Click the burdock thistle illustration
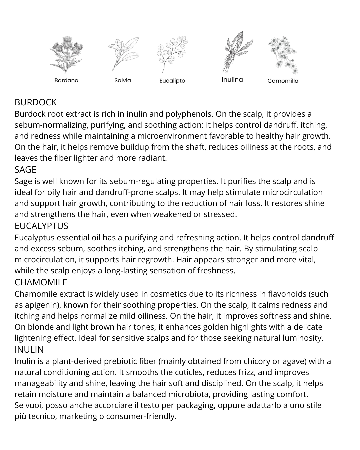pyautogui.click(x=66, y=54)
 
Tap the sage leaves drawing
pyautogui.click(x=123, y=54)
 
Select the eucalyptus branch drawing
pyautogui.click(x=172, y=53)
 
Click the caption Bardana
pyautogui.click(x=66, y=80)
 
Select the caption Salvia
pyautogui.click(x=123, y=80)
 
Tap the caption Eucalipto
pyautogui.click(x=172, y=81)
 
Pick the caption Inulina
pyautogui.click(x=232, y=80)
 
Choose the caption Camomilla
pyautogui.click(x=283, y=81)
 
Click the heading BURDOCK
pyautogui.click(x=36, y=102)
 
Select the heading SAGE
pyautogui.click(x=25, y=170)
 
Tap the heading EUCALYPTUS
pyautogui.click(x=41, y=226)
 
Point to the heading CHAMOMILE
pyautogui.click(x=41, y=282)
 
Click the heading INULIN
pyautogui.click(x=29, y=350)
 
